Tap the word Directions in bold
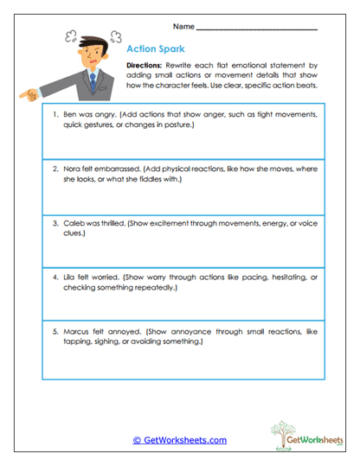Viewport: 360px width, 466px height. pyautogui.click(x=145, y=66)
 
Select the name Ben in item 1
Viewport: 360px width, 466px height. pyautogui.click(x=71, y=114)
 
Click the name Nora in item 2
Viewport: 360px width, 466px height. pyautogui.click(x=73, y=169)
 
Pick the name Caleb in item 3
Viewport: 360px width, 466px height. pyautogui.click(x=74, y=222)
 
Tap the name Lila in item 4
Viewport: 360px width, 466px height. pyautogui.click(x=71, y=277)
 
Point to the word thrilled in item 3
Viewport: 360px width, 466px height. pyautogui.click(x=112, y=222)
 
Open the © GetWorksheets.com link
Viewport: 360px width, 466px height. pyautogui.click(x=179, y=440)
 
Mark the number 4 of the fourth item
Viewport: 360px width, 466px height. pyautogui.click(x=54, y=277)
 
